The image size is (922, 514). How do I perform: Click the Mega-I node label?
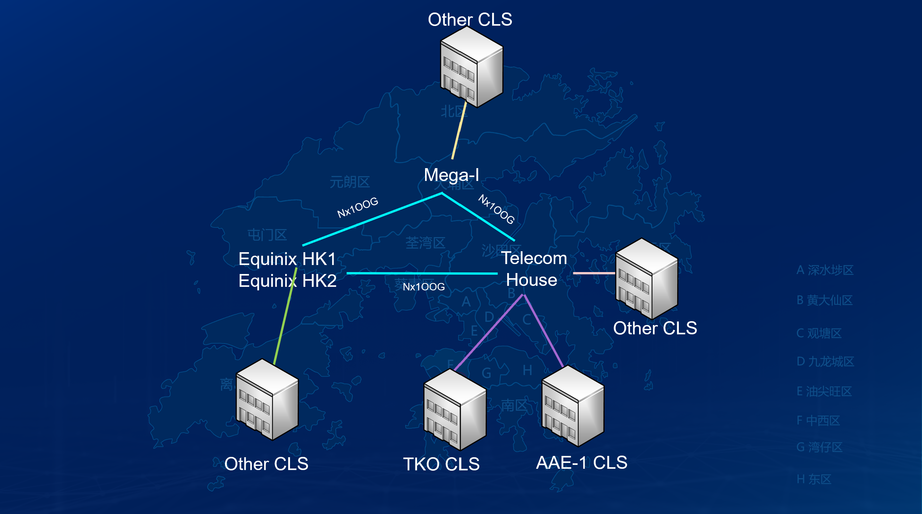pos(451,176)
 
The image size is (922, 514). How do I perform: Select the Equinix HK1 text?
pos(287,259)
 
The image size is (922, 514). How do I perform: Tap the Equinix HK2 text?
pos(287,281)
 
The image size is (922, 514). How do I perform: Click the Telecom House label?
pos(533,269)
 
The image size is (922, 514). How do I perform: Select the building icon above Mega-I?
pos(471,67)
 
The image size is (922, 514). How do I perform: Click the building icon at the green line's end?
pos(267,399)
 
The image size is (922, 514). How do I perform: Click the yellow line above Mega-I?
pos(459,131)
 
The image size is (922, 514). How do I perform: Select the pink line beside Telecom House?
pos(593,273)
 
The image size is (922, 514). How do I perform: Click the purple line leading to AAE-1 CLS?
pos(543,330)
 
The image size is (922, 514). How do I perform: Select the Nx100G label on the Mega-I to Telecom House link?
pos(496,209)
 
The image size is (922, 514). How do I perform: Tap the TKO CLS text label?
pos(441,464)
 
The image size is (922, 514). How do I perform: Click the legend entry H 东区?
pos(814,479)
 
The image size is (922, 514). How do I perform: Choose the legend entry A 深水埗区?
pos(825,270)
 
